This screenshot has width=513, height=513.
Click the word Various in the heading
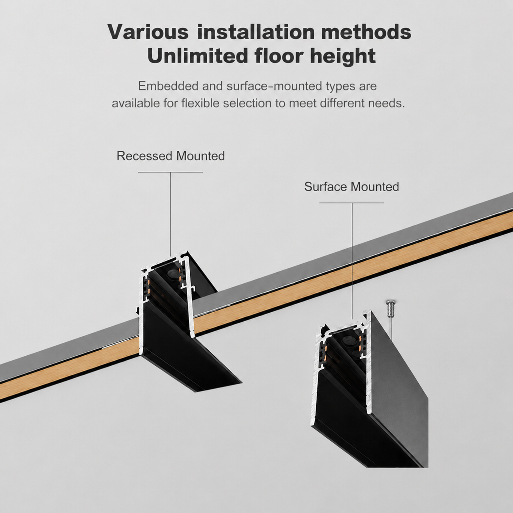coord(148,32)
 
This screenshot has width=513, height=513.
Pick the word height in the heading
coord(343,56)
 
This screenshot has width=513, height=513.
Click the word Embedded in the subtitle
coord(168,86)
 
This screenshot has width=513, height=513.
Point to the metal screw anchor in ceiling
coord(391,308)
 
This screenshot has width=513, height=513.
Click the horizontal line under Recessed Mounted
coord(171,172)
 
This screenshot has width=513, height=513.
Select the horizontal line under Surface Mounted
coord(352,203)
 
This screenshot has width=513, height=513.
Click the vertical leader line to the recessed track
coord(171,214)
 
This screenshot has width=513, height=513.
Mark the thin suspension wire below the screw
coord(391,329)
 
